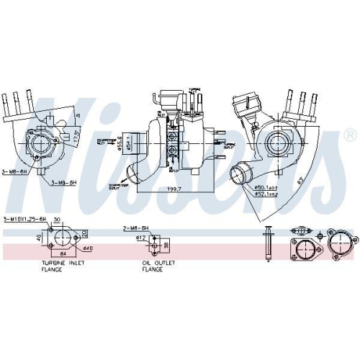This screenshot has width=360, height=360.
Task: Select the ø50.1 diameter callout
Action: point(267,187)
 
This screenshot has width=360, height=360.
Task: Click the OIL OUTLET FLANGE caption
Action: point(157,266)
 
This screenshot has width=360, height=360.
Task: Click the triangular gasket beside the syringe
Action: point(303,249)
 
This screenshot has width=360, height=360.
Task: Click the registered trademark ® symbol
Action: point(351,135)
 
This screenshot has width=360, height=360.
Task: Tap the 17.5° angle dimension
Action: point(75,137)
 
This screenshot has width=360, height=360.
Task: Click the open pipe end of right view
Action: point(238,175)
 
